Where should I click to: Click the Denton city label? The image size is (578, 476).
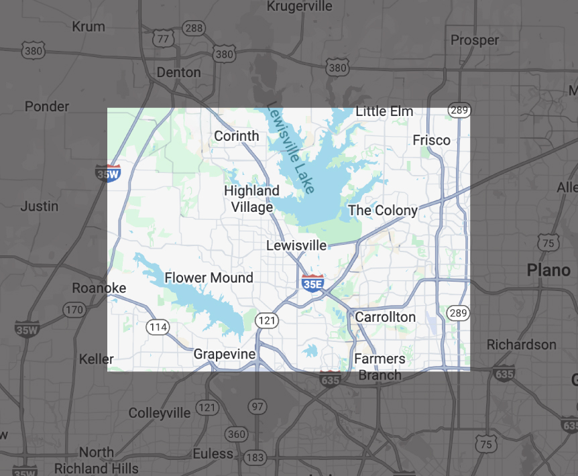pos(178,72)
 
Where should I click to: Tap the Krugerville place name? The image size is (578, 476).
pos(299,7)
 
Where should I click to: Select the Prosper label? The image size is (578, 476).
pos(475,40)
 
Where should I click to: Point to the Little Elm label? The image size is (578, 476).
pos(384,111)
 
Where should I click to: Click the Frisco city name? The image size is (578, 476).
pos(431,140)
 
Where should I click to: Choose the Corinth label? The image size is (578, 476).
pos(236,136)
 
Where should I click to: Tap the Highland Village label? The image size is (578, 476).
pos(251,199)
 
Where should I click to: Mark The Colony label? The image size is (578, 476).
pos(382,211)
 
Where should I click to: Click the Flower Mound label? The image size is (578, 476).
pos(209,278)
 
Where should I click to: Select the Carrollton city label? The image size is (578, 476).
pos(385,316)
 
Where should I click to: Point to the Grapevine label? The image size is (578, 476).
pos(224,354)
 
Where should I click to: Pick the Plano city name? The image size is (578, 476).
pos(548,270)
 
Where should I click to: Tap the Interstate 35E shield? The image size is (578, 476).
pos(312,282)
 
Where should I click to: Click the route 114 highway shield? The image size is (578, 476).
pos(158,327)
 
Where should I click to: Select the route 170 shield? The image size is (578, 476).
pos(74,310)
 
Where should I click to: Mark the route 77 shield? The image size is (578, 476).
pos(162,39)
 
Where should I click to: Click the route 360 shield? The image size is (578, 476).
pos(236,434)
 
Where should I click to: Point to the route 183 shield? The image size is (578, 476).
pos(255,457)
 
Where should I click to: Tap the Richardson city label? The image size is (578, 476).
pos(522,345)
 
